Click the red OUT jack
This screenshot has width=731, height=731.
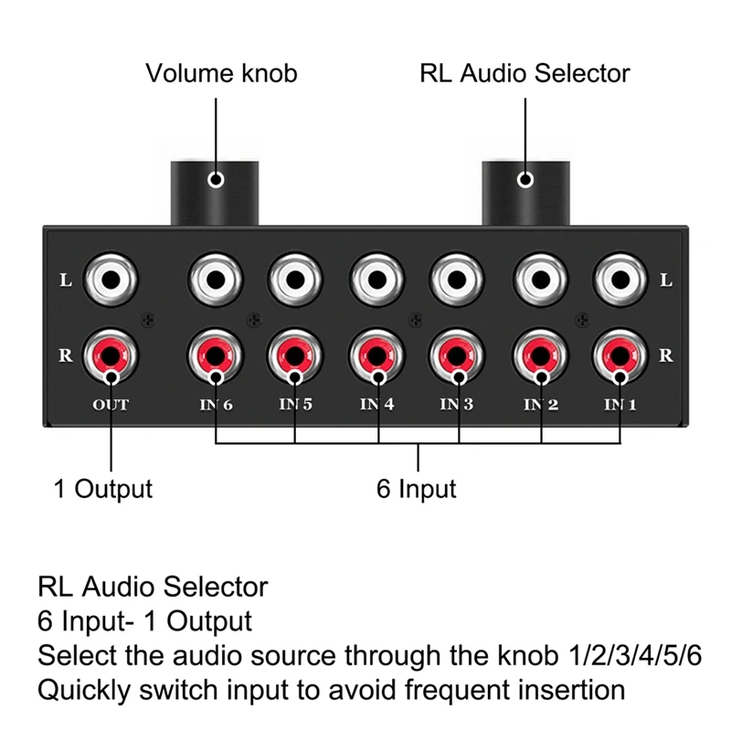tap(110, 356)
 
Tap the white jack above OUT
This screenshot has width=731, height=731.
tap(110, 281)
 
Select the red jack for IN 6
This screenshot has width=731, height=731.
tap(214, 356)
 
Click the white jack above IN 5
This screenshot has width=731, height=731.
tap(295, 281)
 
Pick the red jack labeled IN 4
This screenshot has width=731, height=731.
tap(377, 356)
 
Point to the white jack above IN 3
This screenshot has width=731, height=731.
tap(459, 281)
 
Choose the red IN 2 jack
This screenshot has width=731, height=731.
tap(541, 356)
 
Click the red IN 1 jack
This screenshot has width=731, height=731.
tap(621, 356)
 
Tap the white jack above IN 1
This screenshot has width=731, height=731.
tap(621, 281)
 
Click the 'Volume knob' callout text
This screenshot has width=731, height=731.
tap(221, 73)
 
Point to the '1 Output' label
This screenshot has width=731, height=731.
tap(102, 489)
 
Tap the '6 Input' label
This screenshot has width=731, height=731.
tap(416, 489)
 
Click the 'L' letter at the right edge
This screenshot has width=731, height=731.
tap(665, 281)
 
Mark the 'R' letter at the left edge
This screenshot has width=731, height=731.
tap(65, 356)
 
